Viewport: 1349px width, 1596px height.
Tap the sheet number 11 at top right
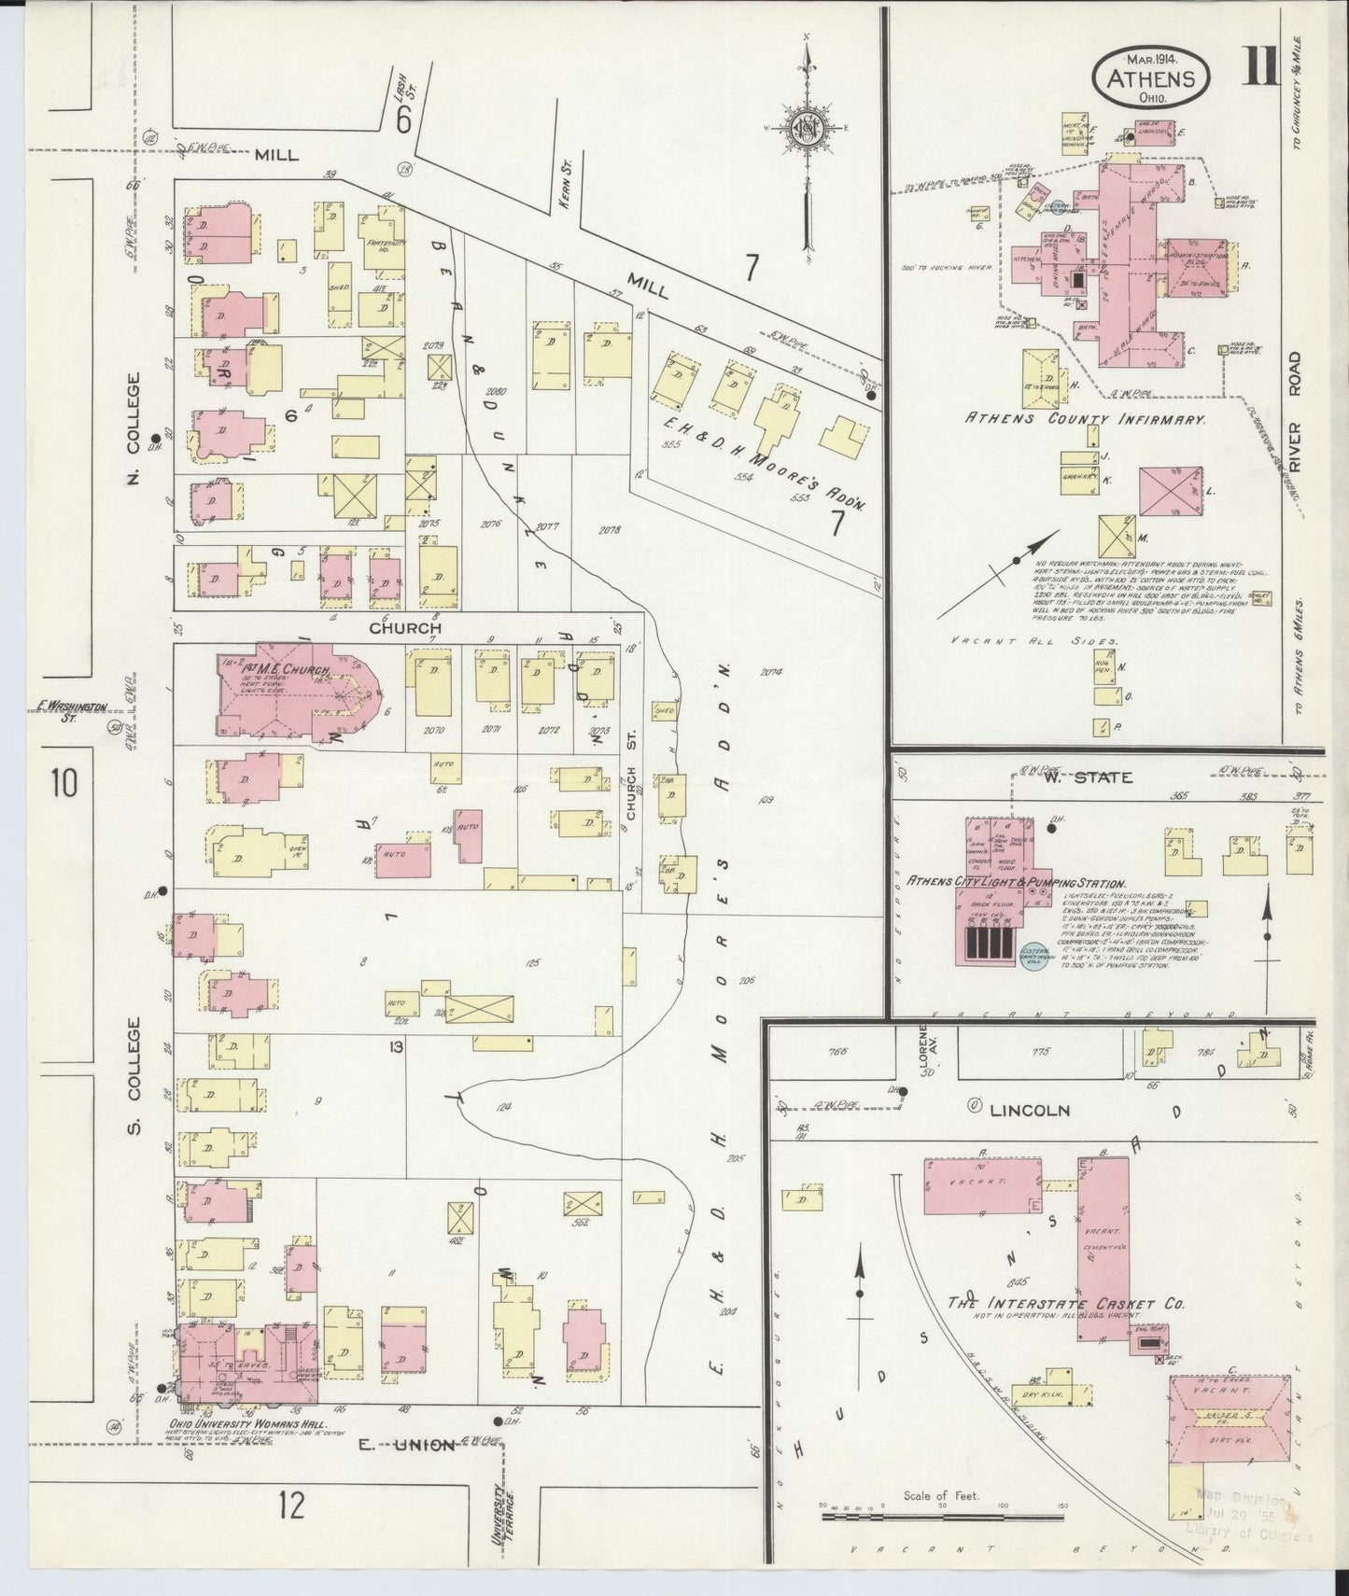pyautogui.click(x=1260, y=67)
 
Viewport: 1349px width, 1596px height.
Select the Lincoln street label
pyautogui.click(x=1029, y=1111)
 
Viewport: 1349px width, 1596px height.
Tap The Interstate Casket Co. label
pyautogui.click(x=1065, y=1303)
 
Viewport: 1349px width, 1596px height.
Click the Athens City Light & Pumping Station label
pyautogui.click(x=1016, y=883)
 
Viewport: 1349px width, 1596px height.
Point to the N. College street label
pyautogui.click(x=133, y=428)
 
